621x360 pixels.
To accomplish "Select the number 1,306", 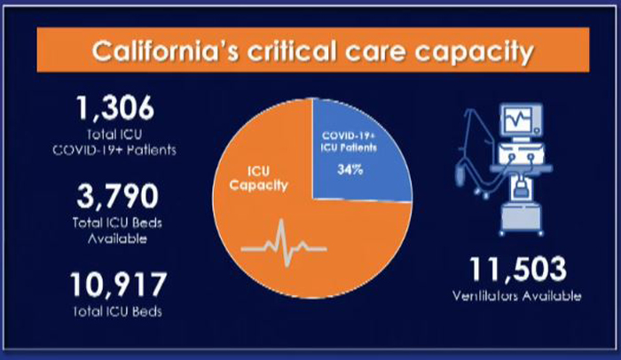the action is (114, 108).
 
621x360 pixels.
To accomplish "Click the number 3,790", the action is (117, 196).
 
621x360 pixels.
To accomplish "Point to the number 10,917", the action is (118, 285).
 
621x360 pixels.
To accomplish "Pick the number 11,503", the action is (517, 270).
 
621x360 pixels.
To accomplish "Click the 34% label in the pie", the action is (350, 170).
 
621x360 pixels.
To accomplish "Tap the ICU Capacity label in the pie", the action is (259, 178).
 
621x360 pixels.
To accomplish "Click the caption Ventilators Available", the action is (517, 296).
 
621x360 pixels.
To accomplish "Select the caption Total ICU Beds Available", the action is (117, 231).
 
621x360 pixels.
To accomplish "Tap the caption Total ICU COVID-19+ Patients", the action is (114, 142).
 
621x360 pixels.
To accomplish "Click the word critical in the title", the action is (292, 51).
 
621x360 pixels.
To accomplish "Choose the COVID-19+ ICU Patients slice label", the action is (349, 142).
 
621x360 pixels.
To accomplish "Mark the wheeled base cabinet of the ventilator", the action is (521, 219).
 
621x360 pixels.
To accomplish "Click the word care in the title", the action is (375, 52).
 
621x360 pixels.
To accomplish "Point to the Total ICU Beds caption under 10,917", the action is (118, 312).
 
